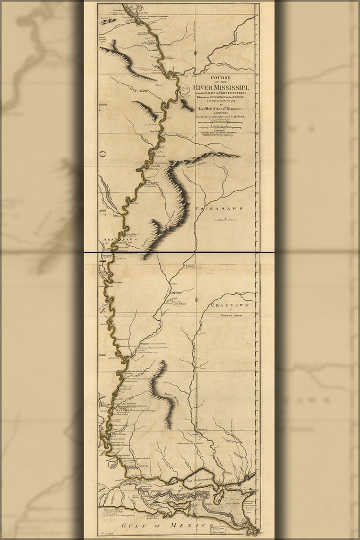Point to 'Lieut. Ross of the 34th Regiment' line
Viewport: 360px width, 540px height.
pos(222,108)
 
